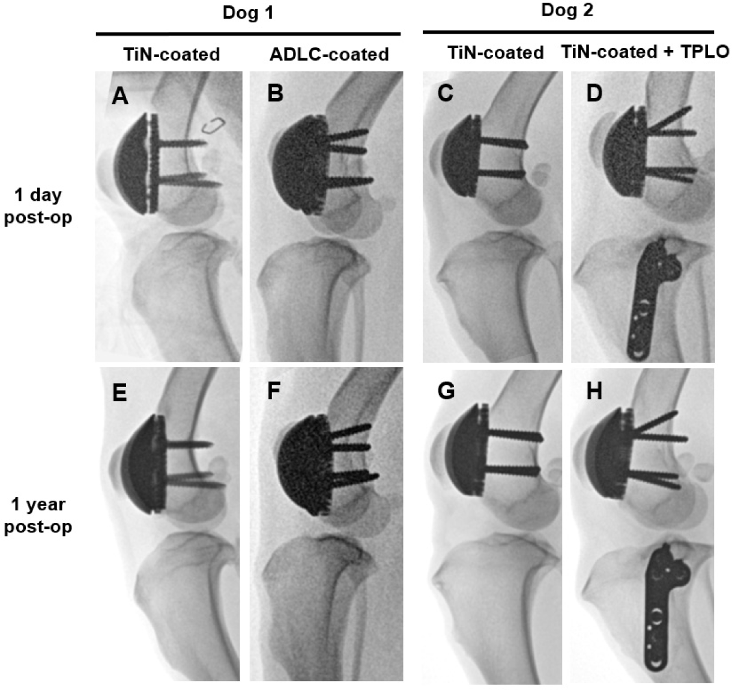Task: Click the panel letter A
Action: click(x=121, y=96)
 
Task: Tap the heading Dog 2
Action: click(x=567, y=11)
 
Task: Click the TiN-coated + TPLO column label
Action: click(x=645, y=52)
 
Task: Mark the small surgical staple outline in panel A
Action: click(x=214, y=125)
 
